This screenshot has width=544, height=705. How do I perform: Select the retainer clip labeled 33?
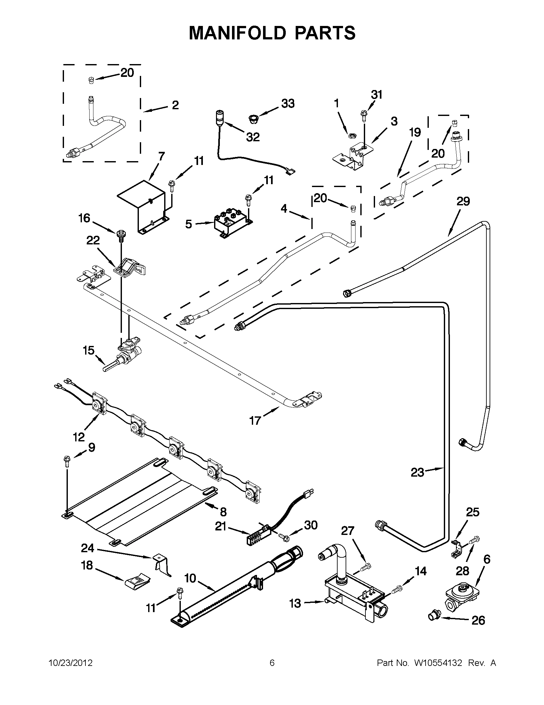[252, 119]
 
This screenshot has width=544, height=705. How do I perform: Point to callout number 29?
[463, 201]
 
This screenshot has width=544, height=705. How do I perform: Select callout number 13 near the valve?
[295, 603]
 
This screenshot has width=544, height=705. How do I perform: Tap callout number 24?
[87, 548]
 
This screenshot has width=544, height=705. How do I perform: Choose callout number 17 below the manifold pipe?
[255, 421]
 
